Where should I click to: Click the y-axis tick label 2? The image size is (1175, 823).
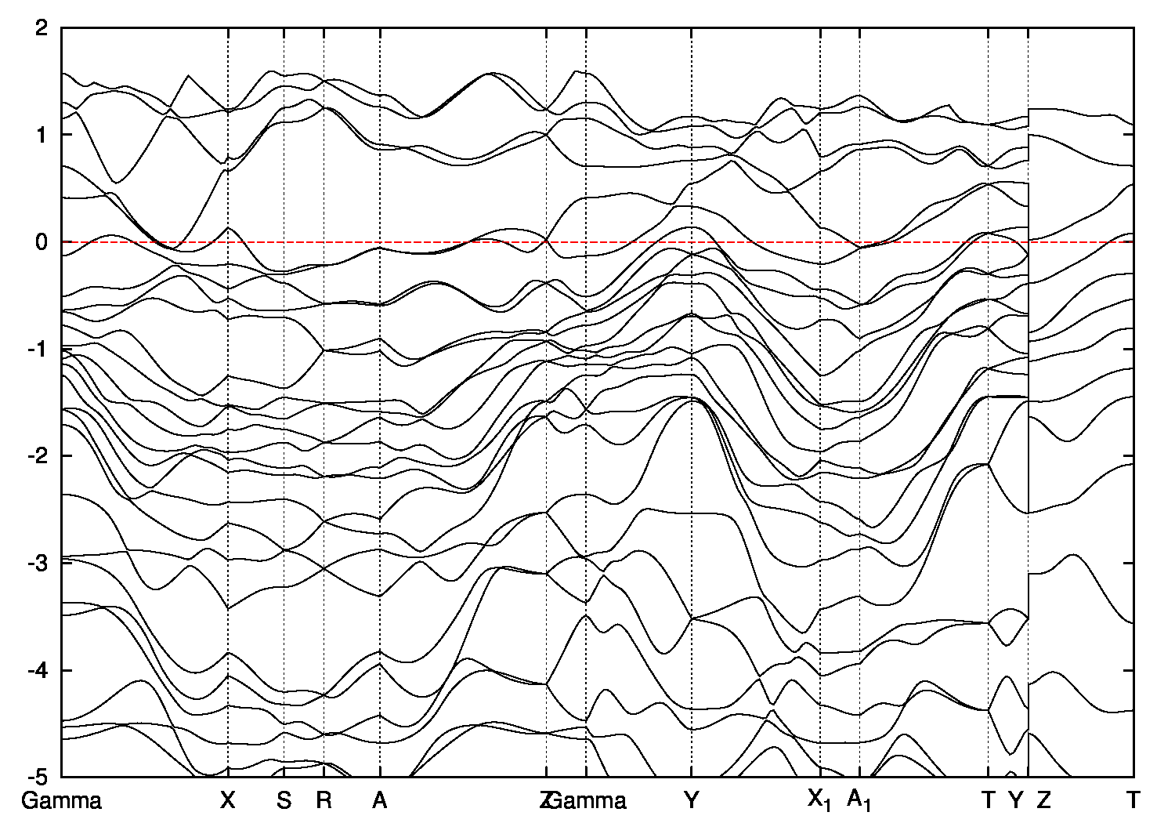coord(44,28)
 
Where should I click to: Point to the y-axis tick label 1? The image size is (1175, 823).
coord(44,135)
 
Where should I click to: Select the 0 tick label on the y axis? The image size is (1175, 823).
coord(44,242)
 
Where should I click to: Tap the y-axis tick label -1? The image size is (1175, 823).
coord(39,349)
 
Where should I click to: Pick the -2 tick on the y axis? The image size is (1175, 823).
coord(39,456)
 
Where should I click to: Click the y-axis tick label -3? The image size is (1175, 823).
coord(39,563)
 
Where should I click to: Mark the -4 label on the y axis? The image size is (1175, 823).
coord(39,670)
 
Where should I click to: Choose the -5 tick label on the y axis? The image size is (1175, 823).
coord(39,777)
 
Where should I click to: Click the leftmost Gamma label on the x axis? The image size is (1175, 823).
coord(62,800)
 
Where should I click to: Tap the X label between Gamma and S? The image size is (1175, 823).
coord(228,800)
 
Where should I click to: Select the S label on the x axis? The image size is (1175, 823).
coord(284,800)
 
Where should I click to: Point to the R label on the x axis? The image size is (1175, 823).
coord(324,800)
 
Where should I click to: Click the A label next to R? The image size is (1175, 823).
coord(380,800)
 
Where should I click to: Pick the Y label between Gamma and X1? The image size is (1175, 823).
coord(691,800)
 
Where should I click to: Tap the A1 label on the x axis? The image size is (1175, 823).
coord(859,800)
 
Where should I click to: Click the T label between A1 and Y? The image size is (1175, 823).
coord(988,800)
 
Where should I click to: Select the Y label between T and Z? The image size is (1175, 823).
coord(1016,800)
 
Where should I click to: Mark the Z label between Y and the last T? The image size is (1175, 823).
coord(1043,800)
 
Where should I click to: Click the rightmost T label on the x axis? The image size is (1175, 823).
coord(1133,800)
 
